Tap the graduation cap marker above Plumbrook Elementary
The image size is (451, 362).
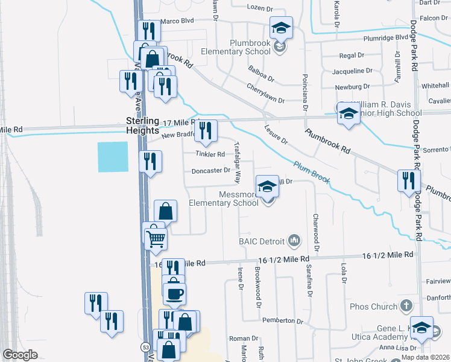point(280,28)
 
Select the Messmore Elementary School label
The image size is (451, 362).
point(224,199)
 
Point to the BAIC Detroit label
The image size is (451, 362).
point(261,241)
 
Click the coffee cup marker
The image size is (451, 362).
point(174,293)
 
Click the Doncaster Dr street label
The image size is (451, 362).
point(210,171)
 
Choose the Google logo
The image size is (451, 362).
point(20,355)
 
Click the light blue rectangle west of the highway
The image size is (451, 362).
point(113,157)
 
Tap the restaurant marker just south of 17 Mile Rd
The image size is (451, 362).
point(206,131)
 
